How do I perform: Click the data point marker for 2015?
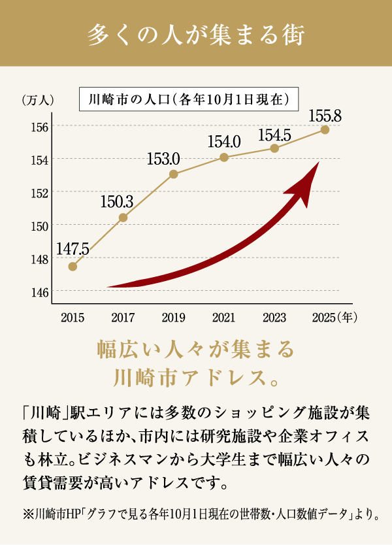point(73,266)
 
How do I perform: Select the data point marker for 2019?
point(173,174)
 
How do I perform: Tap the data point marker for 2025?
point(325,129)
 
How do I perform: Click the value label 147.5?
point(72,249)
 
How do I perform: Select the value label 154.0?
point(224,141)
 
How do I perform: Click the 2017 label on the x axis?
point(123,318)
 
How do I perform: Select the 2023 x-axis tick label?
point(274,318)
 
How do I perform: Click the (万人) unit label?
point(37,100)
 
